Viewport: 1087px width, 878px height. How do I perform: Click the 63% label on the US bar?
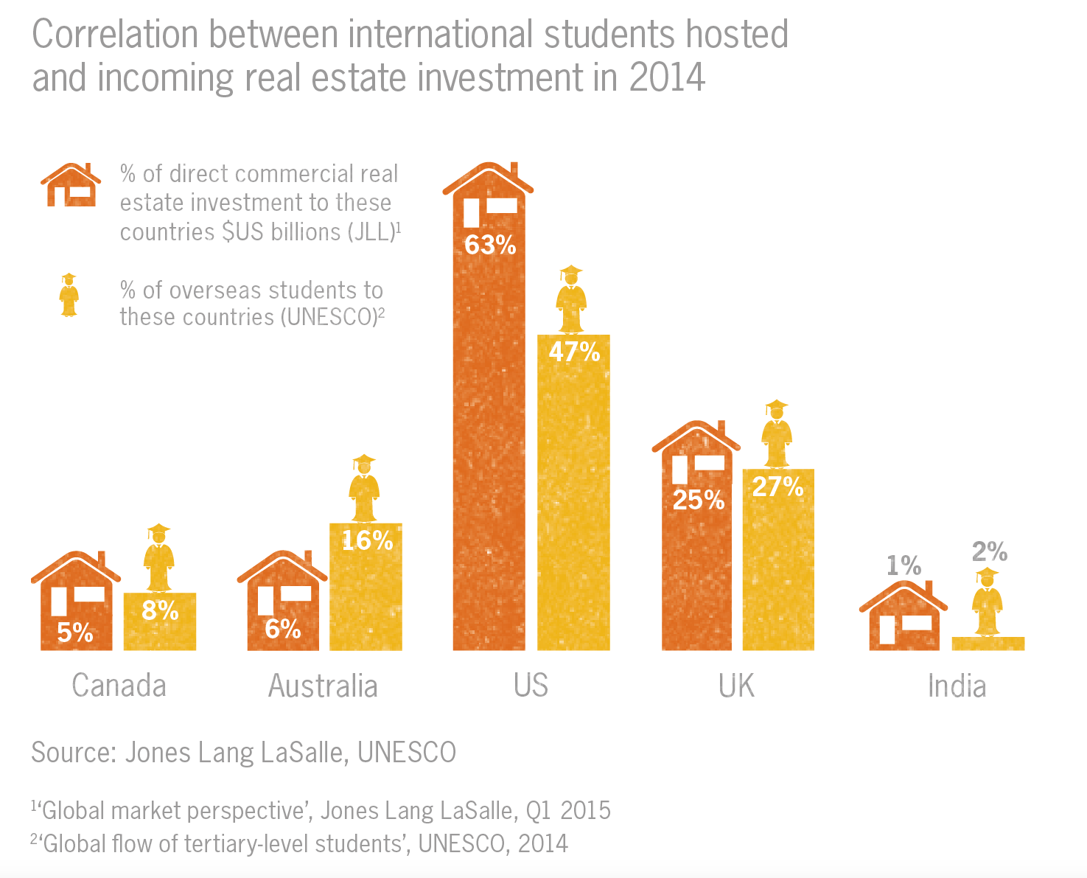[x=490, y=245]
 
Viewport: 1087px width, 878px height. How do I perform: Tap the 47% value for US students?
[x=574, y=352]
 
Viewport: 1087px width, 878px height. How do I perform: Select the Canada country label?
[x=119, y=686]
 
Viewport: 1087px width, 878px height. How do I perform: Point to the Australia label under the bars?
[x=323, y=686]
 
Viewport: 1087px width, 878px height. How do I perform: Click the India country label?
[x=956, y=686]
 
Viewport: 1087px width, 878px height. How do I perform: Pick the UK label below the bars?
[x=736, y=686]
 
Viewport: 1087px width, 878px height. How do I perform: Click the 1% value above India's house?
[x=903, y=566]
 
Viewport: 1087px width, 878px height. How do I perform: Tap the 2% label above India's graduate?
[x=989, y=551]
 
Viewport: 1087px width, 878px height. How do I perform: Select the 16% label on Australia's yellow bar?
[x=367, y=541]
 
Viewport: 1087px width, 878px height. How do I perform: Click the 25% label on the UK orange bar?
[x=698, y=501]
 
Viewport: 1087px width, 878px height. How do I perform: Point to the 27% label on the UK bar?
[x=777, y=487]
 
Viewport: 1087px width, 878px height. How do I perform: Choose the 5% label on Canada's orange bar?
[x=75, y=633]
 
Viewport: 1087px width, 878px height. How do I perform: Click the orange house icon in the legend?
[x=71, y=185]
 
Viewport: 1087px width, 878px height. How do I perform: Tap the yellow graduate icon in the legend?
[x=69, y=295]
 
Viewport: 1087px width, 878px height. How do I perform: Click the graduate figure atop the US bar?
[x=571, y=299]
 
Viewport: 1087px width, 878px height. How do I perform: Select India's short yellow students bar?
[x=988, y=644]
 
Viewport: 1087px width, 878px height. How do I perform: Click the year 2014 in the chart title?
[x=667, y=77]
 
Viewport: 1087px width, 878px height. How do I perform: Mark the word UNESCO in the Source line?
[x=407, y=753]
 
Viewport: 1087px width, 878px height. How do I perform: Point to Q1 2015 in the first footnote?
[x=568, y=810]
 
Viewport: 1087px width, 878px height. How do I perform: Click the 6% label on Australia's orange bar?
[x=282, y=630]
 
